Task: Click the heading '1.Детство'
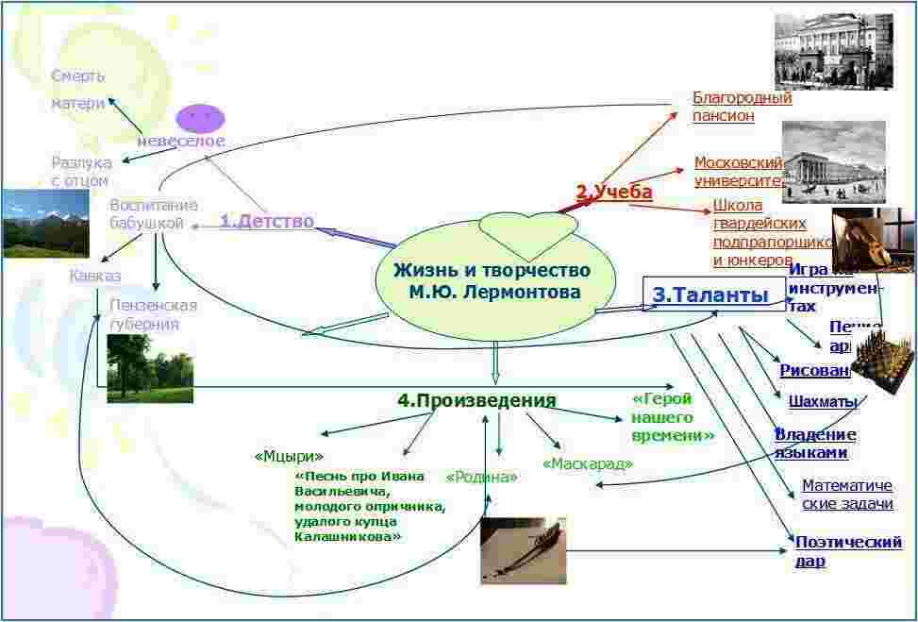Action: point(266,221)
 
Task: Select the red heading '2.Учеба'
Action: point(614,192)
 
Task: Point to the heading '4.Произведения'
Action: point(476,400)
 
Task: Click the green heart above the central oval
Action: point(526,228)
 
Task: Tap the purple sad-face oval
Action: point(201,117)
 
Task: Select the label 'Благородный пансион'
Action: point(742,107)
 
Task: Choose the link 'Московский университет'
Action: point(739,171)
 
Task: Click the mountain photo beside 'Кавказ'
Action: point(46,224)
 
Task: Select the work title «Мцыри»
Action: point(289,456)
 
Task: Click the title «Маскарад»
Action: point(587,463)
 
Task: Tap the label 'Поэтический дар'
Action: point(848,551)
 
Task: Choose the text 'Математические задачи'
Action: point(846,494)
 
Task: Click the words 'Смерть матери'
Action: point(78,90)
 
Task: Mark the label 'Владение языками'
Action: point(815,443)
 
